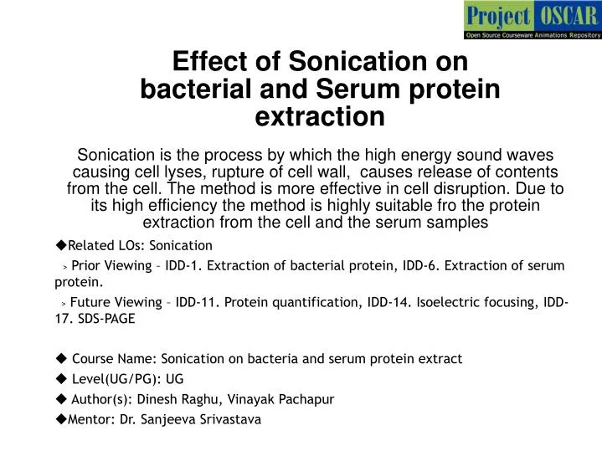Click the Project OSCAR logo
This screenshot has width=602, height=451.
click(x=533, y=19)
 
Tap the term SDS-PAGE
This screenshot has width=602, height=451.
click(x=106, y=319)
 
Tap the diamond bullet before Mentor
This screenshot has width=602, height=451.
click(x=60, y=419)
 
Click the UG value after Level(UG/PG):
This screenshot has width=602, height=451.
click(x=175, y=378)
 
